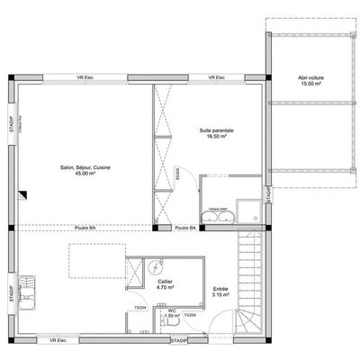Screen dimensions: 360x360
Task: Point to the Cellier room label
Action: (x=165, y=282)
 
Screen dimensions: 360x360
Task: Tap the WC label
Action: (x=171, y=311)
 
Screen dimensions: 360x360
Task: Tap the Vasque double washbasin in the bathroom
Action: (x=216, y=211)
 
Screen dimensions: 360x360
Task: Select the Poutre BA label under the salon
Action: (x=85, y=229)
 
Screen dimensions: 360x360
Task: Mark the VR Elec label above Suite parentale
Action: (x=216, y=77)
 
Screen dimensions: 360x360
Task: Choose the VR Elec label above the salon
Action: (x=87, y=77)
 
